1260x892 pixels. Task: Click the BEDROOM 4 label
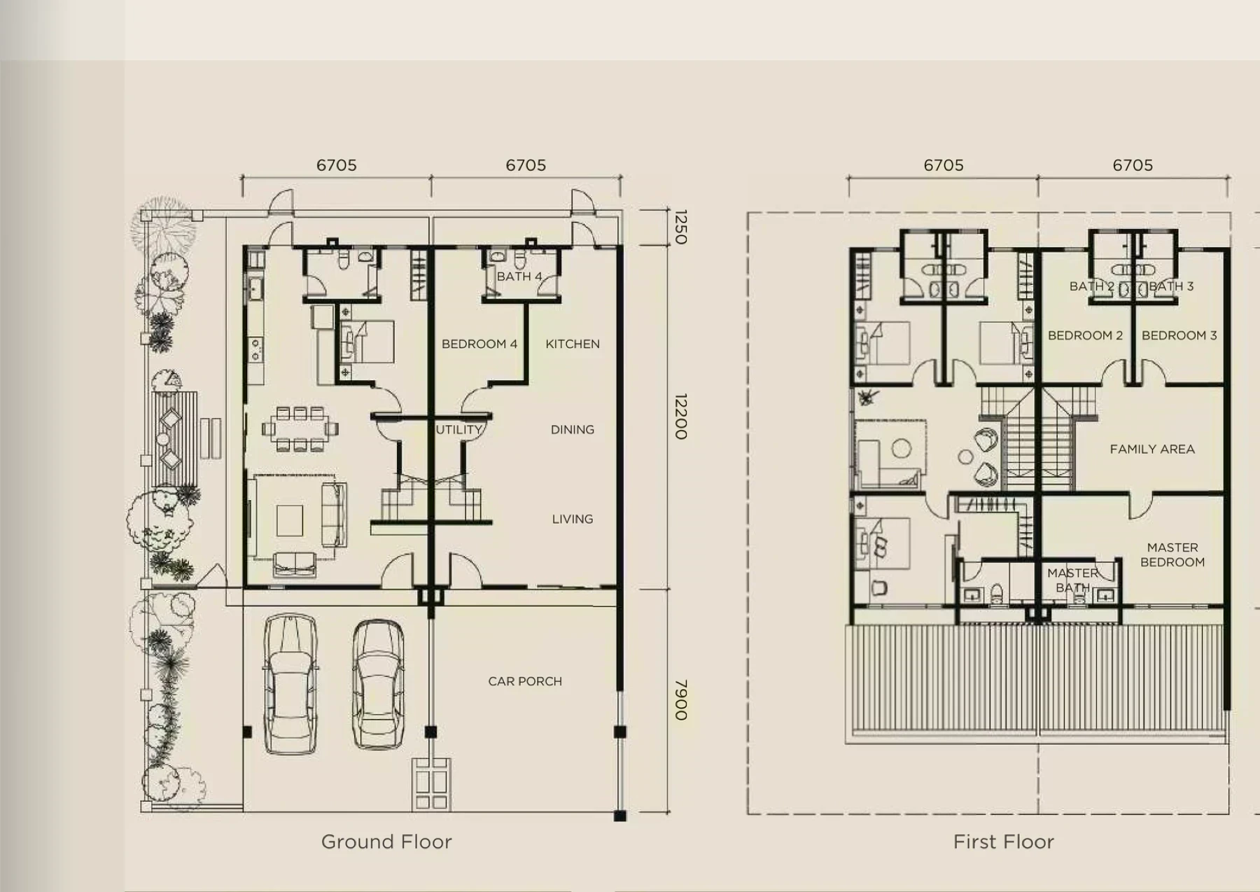[x=479, y=344]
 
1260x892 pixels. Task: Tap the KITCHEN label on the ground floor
[x=573, y=344]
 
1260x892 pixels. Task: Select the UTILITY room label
[x=459, y=429]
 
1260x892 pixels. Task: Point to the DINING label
[x=573, y=429]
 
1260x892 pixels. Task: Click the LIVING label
[x=573, y=519]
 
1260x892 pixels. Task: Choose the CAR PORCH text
[x=525, y=681]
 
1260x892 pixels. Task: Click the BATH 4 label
[x=519, y=277]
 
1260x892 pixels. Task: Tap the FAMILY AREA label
[x=1152, y=449]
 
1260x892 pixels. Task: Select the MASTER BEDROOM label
[x=1172, y=555]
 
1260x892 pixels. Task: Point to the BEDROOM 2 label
[x=1085, y=335]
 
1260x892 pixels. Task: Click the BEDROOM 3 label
[x=1179, y=335]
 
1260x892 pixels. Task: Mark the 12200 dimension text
[x=680, y=417]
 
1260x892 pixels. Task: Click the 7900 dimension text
[x=680, y=700]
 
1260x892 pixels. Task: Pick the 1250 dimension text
[x=680, y=227]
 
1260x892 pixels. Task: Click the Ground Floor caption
[x=386, y=842]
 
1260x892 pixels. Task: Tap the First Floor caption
[x=1004, y=842]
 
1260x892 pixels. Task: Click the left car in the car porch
[x=291, y=684]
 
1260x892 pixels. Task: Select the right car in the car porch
[x=378, y=684]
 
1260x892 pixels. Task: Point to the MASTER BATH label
[x=1072, y=580]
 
